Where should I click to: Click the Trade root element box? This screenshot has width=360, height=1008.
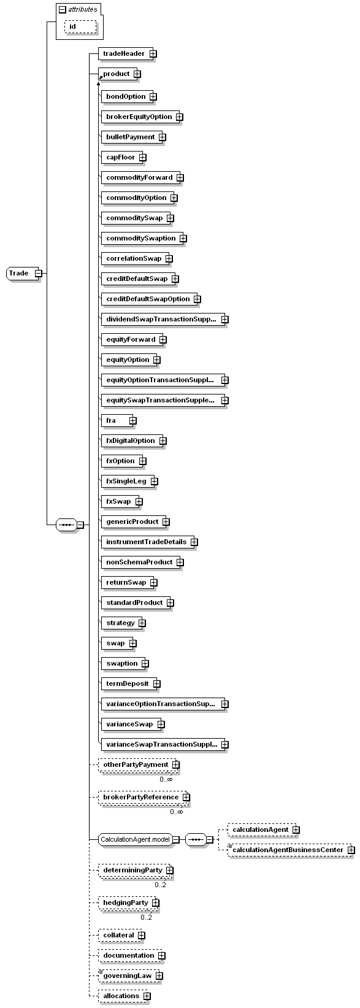[x=18, y=273]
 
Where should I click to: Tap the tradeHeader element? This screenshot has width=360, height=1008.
[x=123, y=53]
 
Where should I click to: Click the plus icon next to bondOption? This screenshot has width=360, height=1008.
[x=153, y=96]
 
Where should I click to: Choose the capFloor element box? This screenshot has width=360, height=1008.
[x=120, y=157]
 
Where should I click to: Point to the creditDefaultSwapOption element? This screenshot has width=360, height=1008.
[x=148, y=299]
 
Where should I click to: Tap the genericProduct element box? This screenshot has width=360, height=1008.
[x=132, y=521]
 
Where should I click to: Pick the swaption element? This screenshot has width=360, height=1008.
[x=122, y=663]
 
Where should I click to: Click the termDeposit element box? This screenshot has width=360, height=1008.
[x=127, y=683]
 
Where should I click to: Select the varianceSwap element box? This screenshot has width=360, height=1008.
[x=129, y=724]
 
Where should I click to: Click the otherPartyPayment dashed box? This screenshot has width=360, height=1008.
[x=135, y=764]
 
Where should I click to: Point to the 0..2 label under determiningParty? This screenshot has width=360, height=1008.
[x=161, y=884]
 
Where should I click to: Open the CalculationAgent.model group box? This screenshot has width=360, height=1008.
[x=135, y=839]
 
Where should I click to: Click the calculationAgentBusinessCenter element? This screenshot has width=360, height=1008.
[x=287, y=850]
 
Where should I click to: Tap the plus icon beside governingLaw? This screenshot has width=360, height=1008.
[x=159, y=975]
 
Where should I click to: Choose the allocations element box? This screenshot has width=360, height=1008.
[x=121, y=996]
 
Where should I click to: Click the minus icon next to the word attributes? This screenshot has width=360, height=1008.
[x=62, y=9]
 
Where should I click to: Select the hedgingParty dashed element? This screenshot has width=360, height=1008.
[x=125, y=902]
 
